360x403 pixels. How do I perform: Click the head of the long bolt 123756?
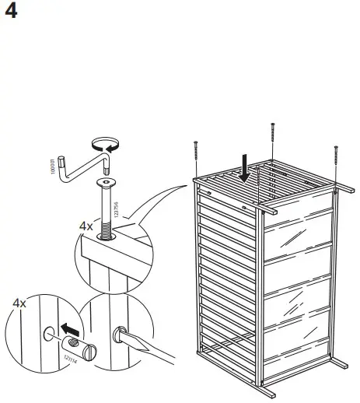[106, 183]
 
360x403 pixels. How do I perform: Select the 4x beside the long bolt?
[85, 226]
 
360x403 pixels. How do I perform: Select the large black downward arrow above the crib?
[246, 167]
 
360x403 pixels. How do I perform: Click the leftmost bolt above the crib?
[195, 157]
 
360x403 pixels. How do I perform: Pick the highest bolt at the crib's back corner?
[273, 140]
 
